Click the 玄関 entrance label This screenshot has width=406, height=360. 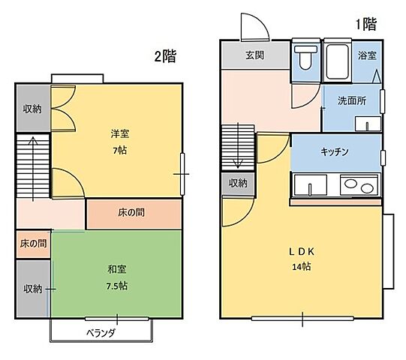pos(255,55)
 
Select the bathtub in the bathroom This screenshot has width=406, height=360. pos(337,61)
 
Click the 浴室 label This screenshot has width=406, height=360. pos(367,55)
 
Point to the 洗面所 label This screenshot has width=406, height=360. pos(352,100)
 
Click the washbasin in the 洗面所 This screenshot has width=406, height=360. pos(368,124)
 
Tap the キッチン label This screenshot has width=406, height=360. pos(335,151)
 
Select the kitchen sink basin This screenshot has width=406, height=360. pos(310,184)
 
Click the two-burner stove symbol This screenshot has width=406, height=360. pos(359,184)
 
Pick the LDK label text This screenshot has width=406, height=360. pos(302,251)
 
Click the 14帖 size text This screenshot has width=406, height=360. pos(302,266)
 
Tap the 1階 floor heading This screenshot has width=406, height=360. pos(366,24)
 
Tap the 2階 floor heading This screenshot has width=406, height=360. pos(165,56)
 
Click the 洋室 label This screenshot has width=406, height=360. pos(120,133)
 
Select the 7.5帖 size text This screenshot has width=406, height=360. pos(117,286)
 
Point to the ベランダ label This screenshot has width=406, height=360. pos(101,333)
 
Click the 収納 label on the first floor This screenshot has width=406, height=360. pos(238,183)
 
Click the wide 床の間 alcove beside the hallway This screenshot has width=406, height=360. pos(134,214)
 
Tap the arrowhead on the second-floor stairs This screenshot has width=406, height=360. pos(33,140)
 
